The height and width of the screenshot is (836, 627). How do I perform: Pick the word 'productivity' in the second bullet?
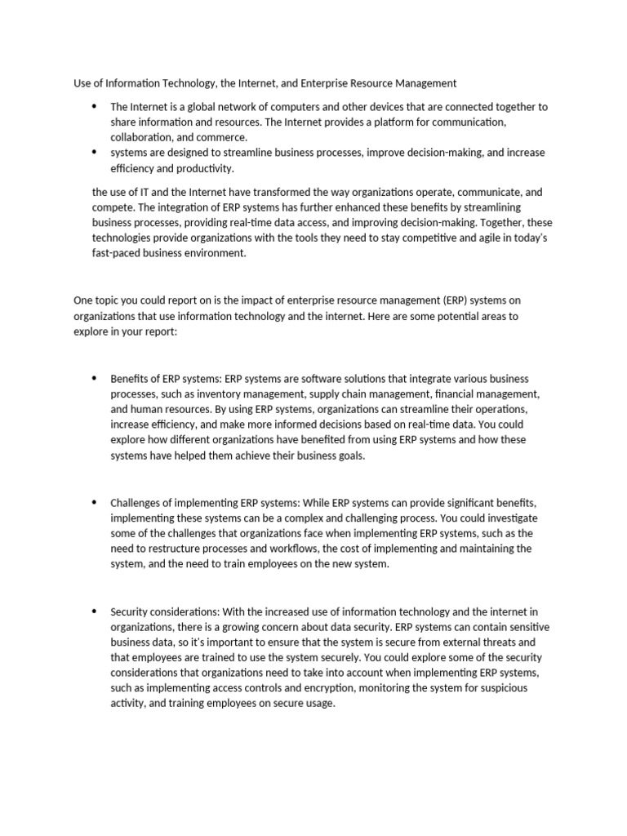click(206, 168)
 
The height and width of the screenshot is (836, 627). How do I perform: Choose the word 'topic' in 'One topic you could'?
click(108, 300)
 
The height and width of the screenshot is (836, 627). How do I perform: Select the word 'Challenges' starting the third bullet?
click(138, 503)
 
